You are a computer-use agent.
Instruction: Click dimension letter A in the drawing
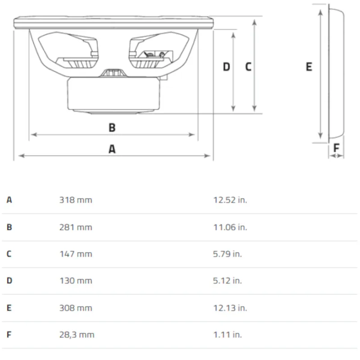112,149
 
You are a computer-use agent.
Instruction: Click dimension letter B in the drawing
112,128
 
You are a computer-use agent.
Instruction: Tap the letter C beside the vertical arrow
248,67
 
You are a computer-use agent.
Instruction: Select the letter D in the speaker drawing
226,67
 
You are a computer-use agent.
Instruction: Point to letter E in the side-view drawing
309,67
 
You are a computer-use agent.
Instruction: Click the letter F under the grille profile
336,148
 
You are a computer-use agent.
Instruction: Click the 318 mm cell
76,200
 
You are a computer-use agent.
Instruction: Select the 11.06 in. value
230,227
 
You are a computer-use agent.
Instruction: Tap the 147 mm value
76,254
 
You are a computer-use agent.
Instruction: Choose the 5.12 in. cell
227,280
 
